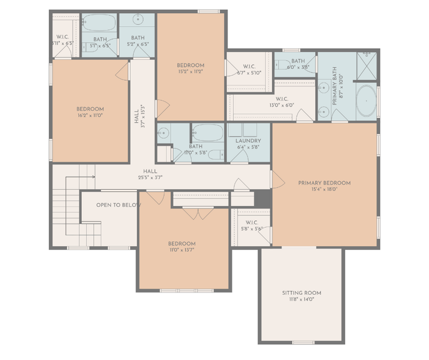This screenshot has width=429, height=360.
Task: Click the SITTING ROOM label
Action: coord(301,292)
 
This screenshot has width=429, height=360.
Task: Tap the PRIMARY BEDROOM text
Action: coord(324,183)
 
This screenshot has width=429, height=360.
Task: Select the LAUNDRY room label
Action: coord(248,141)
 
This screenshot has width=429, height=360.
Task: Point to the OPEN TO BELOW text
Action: coord(118,205)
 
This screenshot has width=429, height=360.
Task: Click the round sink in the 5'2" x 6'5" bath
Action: coord(138,23)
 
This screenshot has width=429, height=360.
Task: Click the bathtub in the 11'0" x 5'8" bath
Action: coord(207,133)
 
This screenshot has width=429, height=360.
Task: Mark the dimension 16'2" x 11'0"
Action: coord(90,116)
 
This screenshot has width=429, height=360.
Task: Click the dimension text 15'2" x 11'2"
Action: coord(190,71)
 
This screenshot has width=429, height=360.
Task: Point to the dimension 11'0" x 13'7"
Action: coord(181,250)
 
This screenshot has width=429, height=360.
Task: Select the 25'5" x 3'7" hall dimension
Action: coord(150,177)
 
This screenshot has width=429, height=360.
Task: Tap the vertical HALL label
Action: coord(137,116)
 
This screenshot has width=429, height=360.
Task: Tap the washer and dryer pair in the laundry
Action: coord(248,130)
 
